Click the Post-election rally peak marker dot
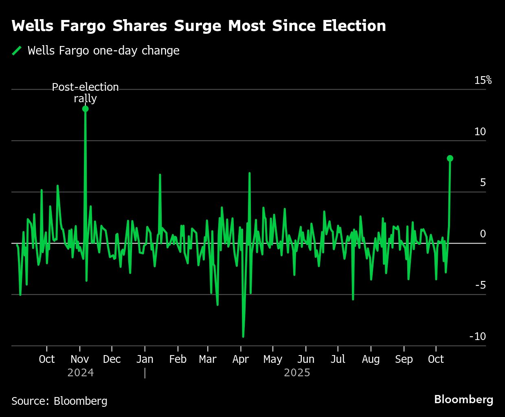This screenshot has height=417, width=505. coord(85,109)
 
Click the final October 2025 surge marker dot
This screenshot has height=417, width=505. coord(450,158)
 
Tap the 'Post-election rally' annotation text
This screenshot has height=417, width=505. coord(85,93)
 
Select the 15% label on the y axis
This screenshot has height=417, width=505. coord(483,80)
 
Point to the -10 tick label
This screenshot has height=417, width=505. coord(478,336)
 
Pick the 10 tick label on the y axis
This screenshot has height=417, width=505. coord(480,132)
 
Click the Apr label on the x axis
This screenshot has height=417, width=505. coord(241,359)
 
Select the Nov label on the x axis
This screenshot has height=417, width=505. coord(80,359)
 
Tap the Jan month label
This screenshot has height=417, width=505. coord(145,359)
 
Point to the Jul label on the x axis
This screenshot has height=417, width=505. coord(338,359)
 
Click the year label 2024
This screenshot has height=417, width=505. coord(81,373)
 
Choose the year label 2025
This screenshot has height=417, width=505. coord(297,373)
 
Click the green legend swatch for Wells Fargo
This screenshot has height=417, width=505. coord(17,50)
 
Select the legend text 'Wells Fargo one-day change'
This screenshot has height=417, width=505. coord(103,50)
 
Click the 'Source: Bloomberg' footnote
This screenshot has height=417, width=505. coord(59,401)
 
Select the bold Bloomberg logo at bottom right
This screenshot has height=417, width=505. coord(463,399)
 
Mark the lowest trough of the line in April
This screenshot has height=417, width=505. coord(243,337)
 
